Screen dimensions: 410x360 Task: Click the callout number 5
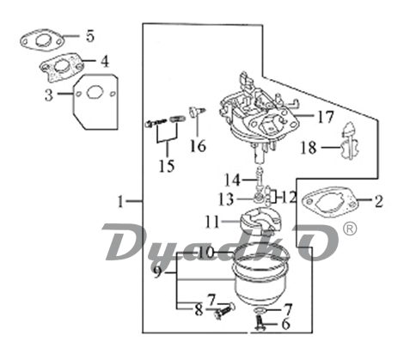point(90,36)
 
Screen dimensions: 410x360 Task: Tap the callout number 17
point(326,117)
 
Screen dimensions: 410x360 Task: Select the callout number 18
point(309,148)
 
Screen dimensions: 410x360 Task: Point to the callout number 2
point(378,201)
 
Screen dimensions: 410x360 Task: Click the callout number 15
point(167,166)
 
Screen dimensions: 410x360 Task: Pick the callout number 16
point(198,145)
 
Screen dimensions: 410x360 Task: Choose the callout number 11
point(212,222)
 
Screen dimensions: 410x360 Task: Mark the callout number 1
point(120,201)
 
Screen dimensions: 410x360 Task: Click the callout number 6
point(285,324)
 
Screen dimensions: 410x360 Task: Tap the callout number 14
point(232,180)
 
